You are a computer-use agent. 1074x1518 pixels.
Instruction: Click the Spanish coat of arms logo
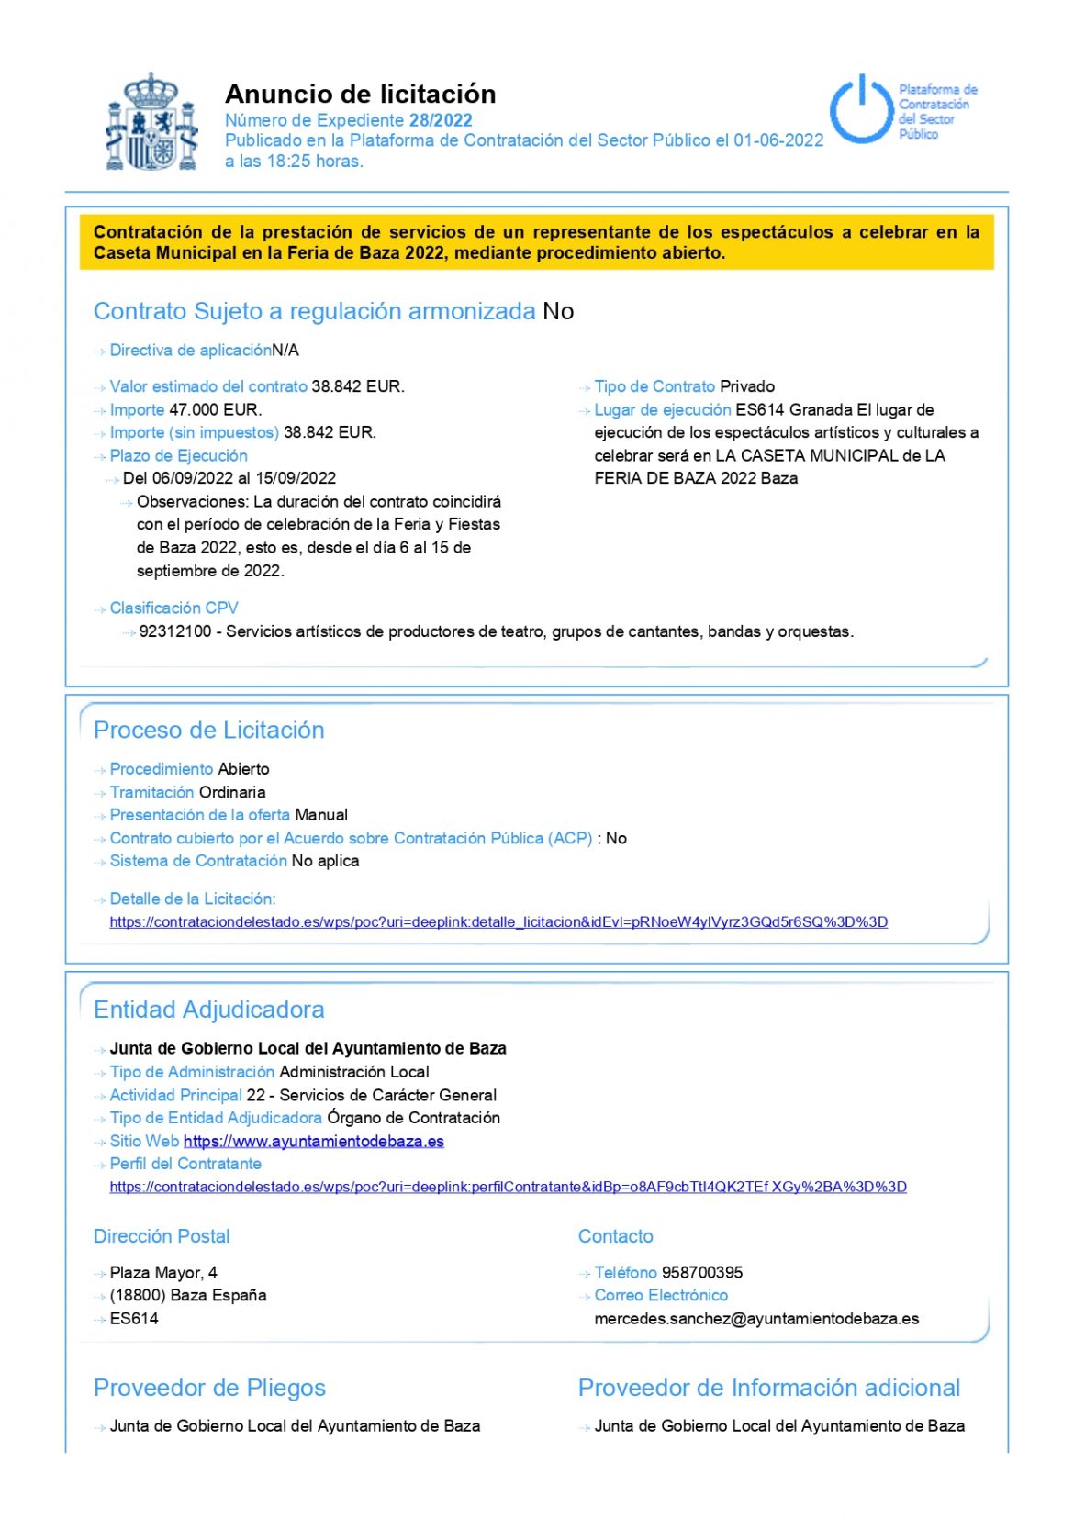click(151, 122)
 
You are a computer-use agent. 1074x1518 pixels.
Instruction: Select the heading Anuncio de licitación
click(360, 94)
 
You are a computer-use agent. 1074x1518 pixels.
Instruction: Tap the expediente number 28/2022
click(441, 120)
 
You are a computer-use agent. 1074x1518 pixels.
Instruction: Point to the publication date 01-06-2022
click(778, 140)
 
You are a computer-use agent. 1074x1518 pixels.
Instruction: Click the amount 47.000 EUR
click(215, 410)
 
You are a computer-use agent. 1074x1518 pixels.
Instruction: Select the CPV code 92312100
click(175, 632)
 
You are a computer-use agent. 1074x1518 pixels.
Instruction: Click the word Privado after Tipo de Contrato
click(747, 387)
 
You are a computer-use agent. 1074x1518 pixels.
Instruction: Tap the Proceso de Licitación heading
click(209, 731)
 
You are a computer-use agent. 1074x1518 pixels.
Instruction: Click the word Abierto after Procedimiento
click(243, 769)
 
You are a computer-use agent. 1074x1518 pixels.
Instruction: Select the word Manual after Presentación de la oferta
click(320, 815)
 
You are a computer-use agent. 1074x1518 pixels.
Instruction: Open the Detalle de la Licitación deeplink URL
click(498, 922)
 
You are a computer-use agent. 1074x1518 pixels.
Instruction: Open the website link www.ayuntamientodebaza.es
click(314, 1142)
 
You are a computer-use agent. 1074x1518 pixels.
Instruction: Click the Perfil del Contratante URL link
click(508, 1188)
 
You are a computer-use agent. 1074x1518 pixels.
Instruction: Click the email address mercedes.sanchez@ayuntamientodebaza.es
click(756, 1319)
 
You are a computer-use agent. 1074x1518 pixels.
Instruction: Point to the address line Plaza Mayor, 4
click(163, 1273)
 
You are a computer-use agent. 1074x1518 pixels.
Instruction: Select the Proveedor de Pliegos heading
click(209, 1389)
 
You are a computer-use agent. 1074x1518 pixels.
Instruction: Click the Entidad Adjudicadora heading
click(209, 1010)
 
